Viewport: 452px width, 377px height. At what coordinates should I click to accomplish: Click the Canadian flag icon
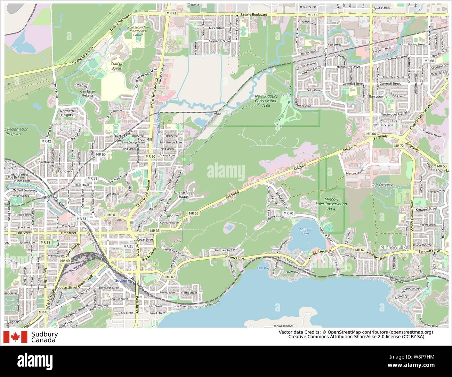pyautogui.click(x=15, y=337)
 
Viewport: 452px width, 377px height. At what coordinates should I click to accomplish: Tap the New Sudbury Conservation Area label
pyautogui.click(x=266, y=101)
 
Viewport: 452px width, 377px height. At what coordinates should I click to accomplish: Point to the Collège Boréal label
pyautogui.click(x=116, y=66)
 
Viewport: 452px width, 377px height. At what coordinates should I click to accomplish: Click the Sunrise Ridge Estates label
pyautogui.click(x=184, y=195)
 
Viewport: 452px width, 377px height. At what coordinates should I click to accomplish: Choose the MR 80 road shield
pyautogui.click(x=150, y=157)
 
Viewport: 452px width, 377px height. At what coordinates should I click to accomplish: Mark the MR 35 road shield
pyautogui.click(x=155, y=230)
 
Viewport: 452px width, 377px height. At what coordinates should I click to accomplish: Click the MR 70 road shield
pyautogui.click(x=288, y=213)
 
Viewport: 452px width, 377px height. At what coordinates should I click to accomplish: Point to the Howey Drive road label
pyautogui.click(x=235, y=257)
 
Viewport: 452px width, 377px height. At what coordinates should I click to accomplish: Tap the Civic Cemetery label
pyautogui.click(x=382, y=185)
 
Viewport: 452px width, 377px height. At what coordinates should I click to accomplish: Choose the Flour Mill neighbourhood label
pyautogui.click(x=145, y=140)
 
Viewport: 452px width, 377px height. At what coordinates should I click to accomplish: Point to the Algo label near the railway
pyautogui.click(x=217, y=113)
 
